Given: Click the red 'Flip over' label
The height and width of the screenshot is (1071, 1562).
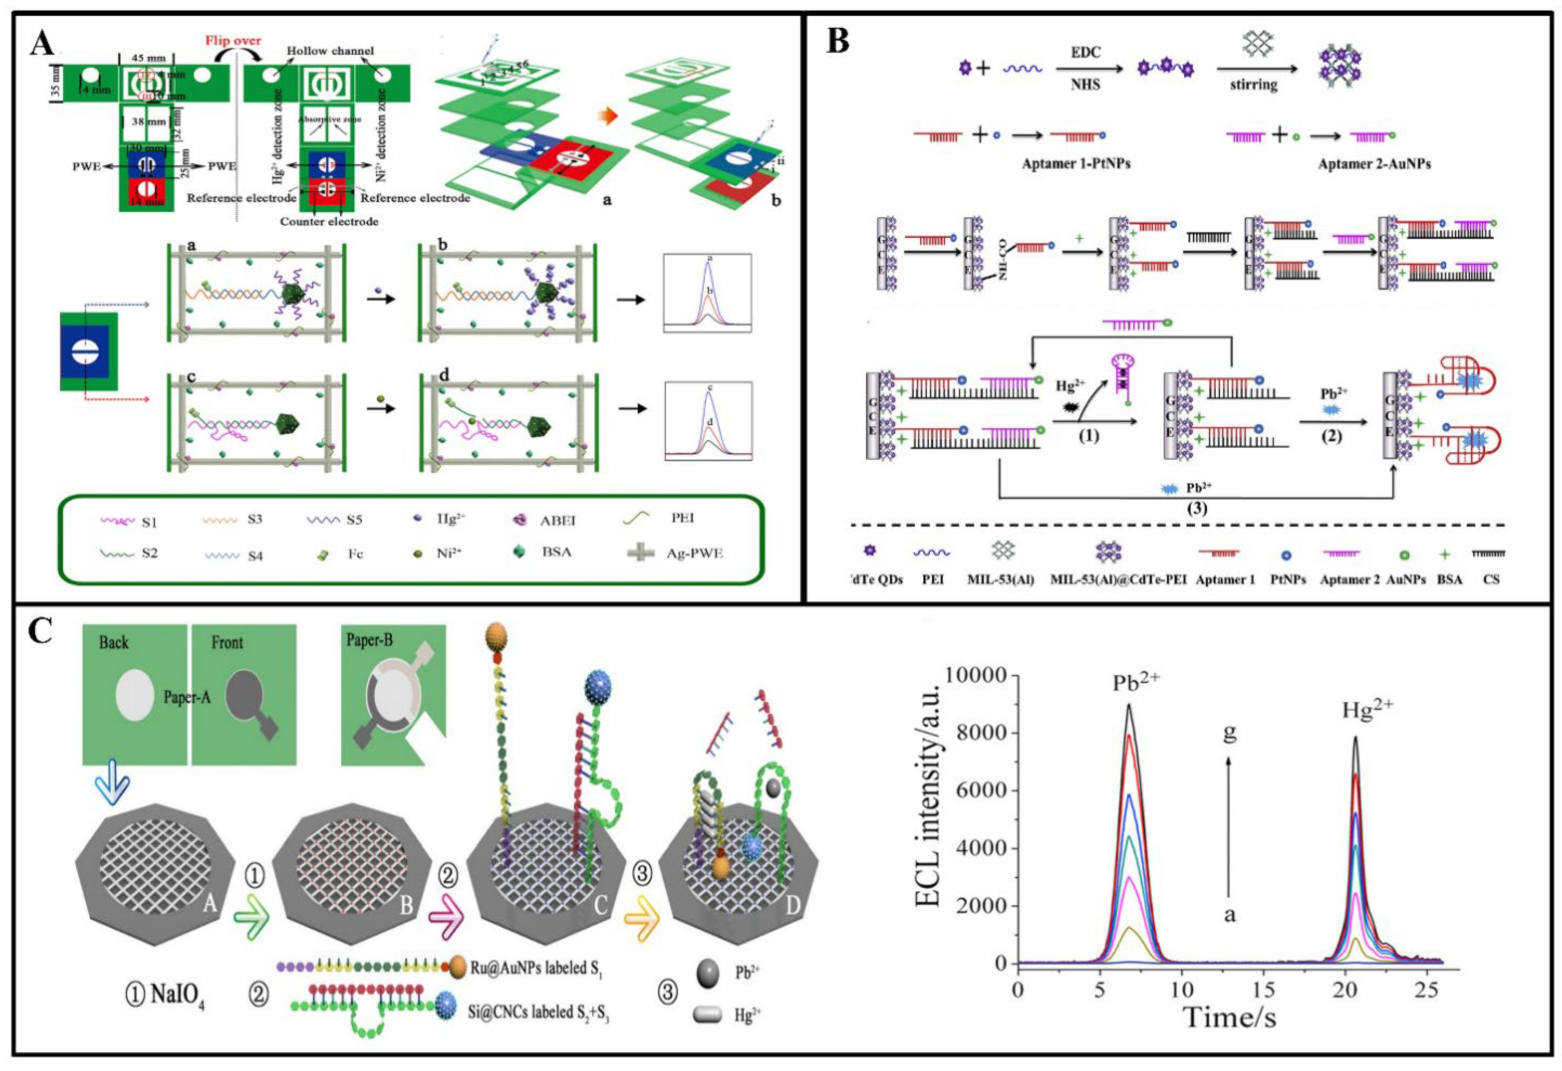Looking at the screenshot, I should (233, 40).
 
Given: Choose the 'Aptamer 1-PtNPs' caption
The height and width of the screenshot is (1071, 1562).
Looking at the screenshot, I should (1075, 164).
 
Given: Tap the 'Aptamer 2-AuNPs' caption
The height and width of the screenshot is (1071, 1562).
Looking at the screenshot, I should (1374, 164).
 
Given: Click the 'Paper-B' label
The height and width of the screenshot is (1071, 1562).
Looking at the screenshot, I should (369, 640).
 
